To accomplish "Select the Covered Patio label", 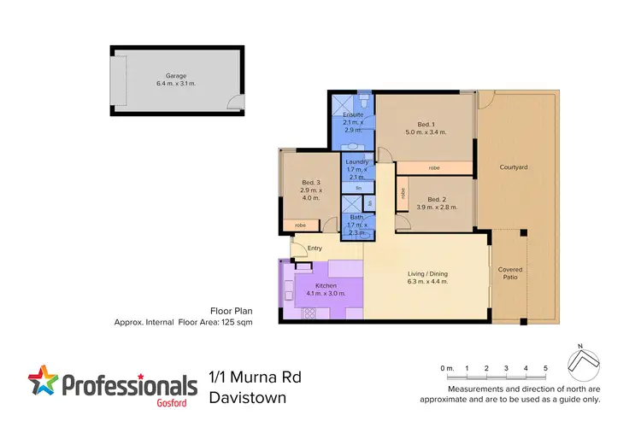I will (x=510, y=273).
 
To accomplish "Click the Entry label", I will (x=315, y=249).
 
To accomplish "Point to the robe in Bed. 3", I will (x=300, y=225).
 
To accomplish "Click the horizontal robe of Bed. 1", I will (x=434, y=167).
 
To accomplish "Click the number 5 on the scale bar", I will (x=545, y=367).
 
